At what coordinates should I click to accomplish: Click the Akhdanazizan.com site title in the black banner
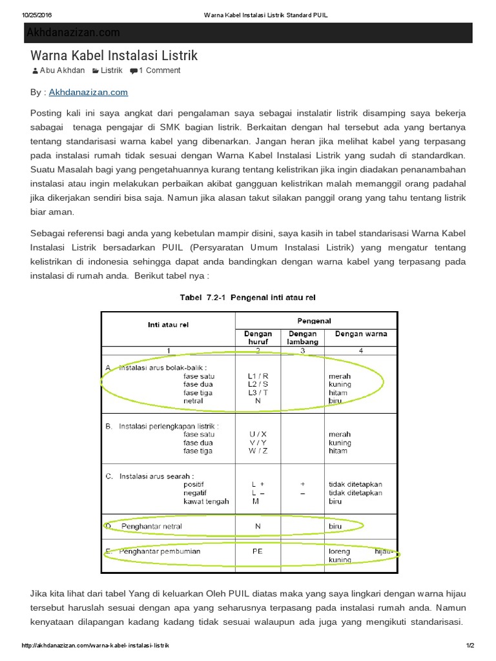coord(73,32)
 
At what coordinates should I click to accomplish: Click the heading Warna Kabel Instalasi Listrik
coord(114,56)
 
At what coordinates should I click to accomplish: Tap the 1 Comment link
coord(159,70)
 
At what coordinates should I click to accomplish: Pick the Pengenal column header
coord(314,320)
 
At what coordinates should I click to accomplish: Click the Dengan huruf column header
coord(258,338)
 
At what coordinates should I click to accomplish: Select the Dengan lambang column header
coord(302,338)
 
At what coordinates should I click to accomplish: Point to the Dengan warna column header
coord(360,334)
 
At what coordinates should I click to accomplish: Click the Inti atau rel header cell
coord(168,325)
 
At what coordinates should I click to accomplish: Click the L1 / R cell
coord(258,376)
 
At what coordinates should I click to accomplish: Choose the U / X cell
coord(258,434)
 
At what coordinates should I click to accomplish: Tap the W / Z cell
coord(258,451)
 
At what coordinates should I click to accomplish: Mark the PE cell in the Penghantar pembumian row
coord(258,552)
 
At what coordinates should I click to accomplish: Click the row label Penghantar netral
coord(151,526)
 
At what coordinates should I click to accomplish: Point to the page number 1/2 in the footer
coord(470,646)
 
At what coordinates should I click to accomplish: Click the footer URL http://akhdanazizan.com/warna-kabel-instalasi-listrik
coord(95,646)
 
